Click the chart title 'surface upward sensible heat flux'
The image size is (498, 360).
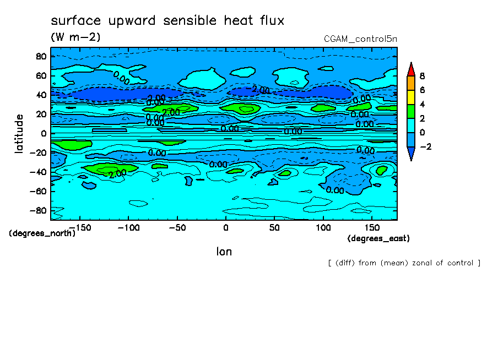click(x=167, y=21)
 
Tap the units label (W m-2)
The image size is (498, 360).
click(x=75, y=37)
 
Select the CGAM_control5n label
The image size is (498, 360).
click(x=360, y=39)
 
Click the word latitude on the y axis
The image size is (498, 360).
click(x=19, y=133)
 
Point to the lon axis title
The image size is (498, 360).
click(x=224, y=252)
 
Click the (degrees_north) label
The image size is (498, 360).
click(x=42, y=233)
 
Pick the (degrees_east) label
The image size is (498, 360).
click(x=378, y=238)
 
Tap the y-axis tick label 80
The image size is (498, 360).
click(x=40, y=56)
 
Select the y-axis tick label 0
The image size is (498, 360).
click(x=42, y=133)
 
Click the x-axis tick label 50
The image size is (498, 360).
click(x=274, y=227)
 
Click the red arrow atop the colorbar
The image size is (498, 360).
click(x=410, y=69)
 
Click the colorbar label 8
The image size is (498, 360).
click(x=423, y=76)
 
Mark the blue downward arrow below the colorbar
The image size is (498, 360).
click(x=410, y=154)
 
